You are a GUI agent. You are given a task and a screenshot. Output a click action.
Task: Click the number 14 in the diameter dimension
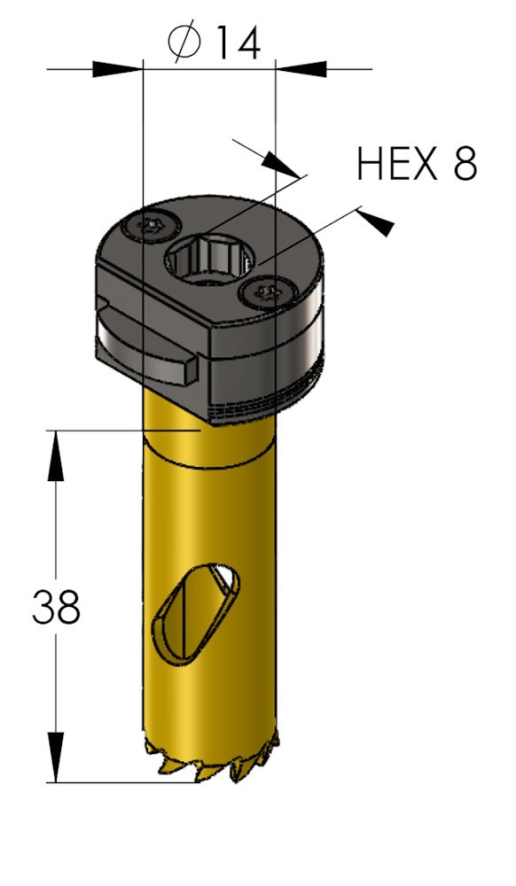[236, 42]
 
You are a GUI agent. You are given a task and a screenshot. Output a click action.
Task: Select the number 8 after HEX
[464, 164]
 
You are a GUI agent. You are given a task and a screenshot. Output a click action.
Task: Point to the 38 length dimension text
[56, 608]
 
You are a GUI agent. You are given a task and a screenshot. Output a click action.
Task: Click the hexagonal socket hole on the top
[211, 260]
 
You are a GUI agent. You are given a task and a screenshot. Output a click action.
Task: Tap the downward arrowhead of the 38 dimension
[56, 758]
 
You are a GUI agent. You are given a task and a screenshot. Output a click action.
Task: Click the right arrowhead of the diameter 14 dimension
[301, 68]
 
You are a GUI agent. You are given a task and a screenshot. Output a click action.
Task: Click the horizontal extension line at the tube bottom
[124, 781]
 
